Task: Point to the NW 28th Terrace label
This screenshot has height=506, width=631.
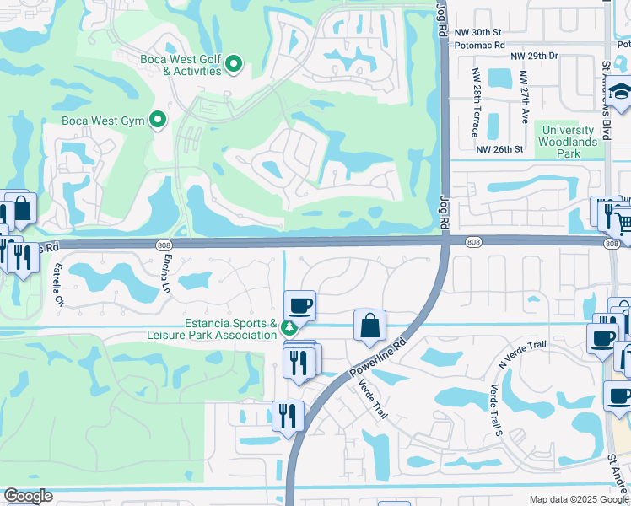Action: (477, 103)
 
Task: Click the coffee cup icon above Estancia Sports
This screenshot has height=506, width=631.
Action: (299, 305)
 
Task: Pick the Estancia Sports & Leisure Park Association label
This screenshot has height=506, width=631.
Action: (231, 329)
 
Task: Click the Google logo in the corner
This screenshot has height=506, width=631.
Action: (28, 496)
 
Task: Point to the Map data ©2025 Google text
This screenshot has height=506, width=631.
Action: (578, 499)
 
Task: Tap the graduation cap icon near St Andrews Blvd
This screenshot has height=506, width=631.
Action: (621, 94)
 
